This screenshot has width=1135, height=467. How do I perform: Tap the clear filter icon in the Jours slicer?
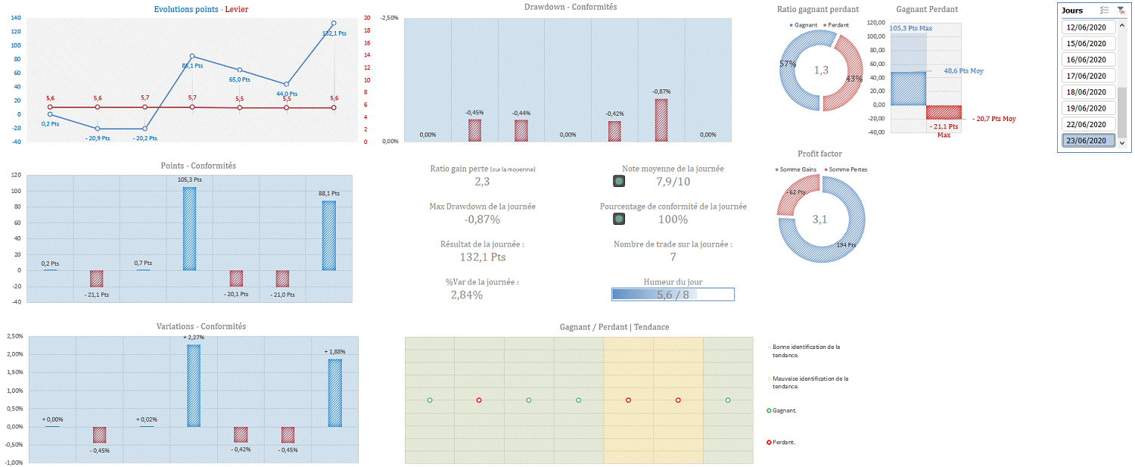[x=1121, y=11]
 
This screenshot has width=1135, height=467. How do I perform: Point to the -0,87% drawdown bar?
[x=661, y=120]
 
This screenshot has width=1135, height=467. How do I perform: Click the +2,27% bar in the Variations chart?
[x=194, y=385]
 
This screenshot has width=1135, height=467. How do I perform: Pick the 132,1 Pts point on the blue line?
[x=334, y=23]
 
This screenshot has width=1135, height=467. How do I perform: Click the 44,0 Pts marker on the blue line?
[x=286, y=84]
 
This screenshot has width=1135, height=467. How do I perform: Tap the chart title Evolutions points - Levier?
[x=201, y=9]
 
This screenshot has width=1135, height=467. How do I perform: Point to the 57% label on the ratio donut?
[x=788, y=64]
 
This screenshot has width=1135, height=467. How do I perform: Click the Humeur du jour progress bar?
[x=673, y=294]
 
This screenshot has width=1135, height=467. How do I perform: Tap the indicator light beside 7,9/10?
[x=619, y=181]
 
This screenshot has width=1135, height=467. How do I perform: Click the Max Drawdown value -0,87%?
[x=482, y=219]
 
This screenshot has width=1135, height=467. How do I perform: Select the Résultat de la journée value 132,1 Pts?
[x=482, y=257]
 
